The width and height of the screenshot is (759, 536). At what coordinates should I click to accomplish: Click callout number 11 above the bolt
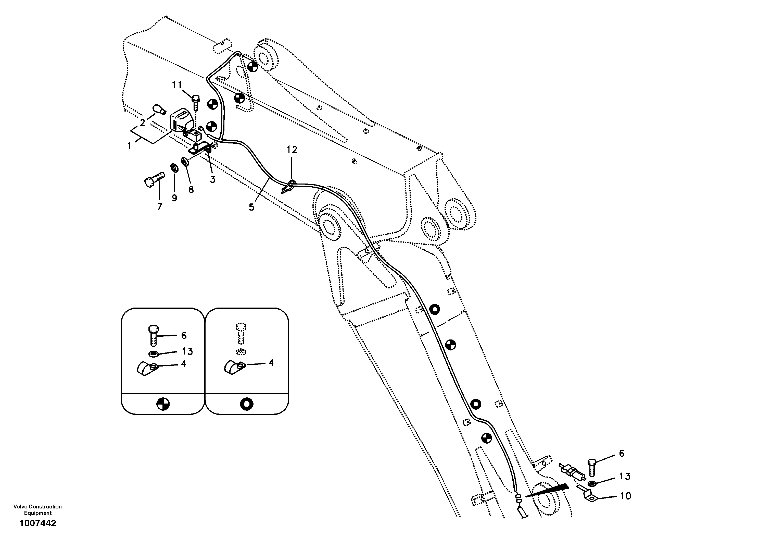click(177, 85)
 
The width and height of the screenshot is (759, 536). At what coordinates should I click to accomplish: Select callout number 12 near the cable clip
click(292, 150)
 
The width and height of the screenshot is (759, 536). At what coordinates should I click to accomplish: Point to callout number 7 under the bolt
click(160, 207)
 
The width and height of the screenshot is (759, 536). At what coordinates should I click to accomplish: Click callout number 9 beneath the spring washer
click(174, 198)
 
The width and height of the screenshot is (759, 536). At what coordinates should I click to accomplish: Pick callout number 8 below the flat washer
click(191, 190)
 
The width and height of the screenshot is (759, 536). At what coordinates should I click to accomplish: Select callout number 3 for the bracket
click(212, 180)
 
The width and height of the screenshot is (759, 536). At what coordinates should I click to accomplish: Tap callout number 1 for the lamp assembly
click(129, 145)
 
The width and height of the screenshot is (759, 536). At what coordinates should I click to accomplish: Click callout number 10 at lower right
click(625, 496)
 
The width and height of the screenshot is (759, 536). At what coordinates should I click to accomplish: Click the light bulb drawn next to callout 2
click(158, 109)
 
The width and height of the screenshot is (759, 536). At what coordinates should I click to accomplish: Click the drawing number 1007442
click(38, 523)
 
